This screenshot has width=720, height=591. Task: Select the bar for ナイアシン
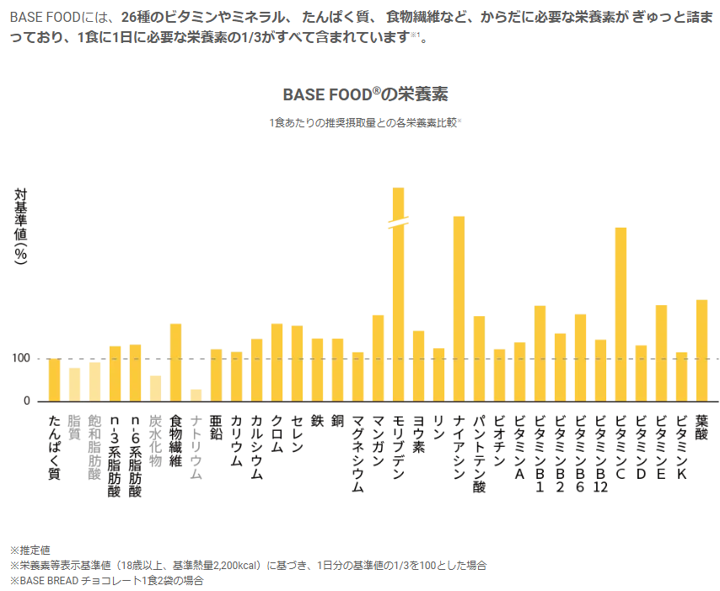(x=459, y=309)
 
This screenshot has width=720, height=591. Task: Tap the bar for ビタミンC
(x=621, y=314)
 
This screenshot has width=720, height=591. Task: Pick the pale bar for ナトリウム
(x=196, y=395)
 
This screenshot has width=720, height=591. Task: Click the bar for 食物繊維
(x=176, y=363)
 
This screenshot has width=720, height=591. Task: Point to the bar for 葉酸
(x=702, y=350)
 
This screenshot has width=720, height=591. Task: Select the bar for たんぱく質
(x=55, y=379)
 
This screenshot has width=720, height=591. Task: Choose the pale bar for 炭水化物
(x=156, y=388)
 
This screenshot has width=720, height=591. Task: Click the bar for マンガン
(x=379, y=357)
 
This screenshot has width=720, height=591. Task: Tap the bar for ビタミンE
(x=662, y=352)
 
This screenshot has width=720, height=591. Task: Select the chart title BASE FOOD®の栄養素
(x=364, y=93)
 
